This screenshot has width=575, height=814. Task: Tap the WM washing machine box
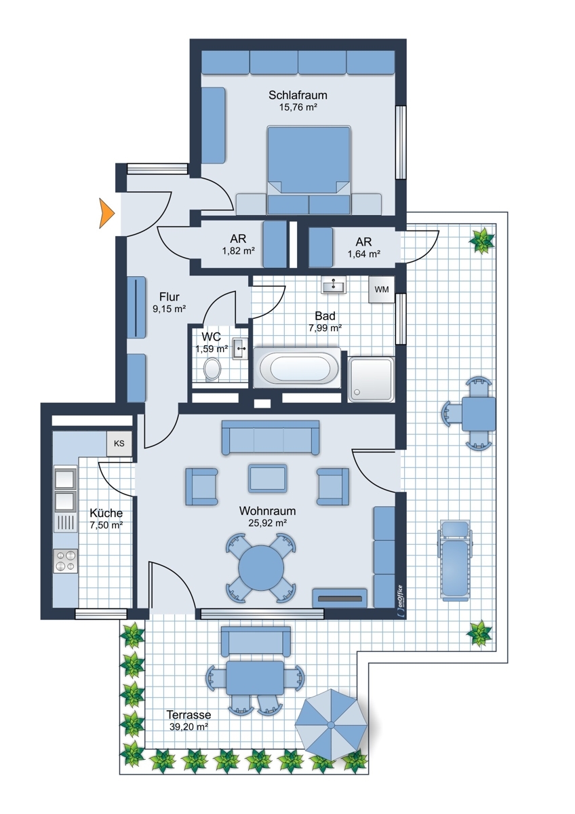click(381, 290)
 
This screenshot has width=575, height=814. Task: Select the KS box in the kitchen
click(119, 444)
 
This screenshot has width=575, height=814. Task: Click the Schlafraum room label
click(298, 95)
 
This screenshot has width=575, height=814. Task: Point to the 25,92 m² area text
click(267, 523)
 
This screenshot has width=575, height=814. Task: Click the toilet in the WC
click(212, 370)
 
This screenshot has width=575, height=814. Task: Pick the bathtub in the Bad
click(297, 368)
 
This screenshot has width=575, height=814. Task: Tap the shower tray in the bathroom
click(371, 379)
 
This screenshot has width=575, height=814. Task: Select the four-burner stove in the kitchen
click(65, 561)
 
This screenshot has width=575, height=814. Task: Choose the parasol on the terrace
click(331, 725)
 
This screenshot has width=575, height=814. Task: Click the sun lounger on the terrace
click(454, 560)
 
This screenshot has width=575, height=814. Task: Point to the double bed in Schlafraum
click(309, 170)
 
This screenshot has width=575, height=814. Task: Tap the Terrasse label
click(189, 714)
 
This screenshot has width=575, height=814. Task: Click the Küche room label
click(106, 513)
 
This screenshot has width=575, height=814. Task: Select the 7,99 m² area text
click(325, 328)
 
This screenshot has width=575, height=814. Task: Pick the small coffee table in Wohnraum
click(267, 478)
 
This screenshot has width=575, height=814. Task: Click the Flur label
click(170, 297)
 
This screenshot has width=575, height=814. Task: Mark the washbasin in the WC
click(240, 348)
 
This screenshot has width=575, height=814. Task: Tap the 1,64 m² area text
click(364, 254)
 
